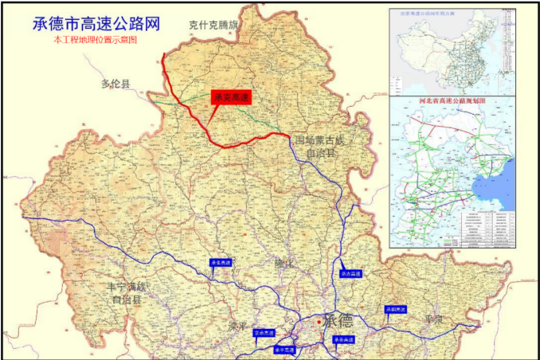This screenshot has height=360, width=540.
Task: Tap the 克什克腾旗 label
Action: [x=214, y=25]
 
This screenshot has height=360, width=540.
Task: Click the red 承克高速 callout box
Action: [x=231, y=97]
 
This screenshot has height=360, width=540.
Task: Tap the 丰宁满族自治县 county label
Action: [x=127, y=293]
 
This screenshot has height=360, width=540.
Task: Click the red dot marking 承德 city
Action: [x=319, y=322]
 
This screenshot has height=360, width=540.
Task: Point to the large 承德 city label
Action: [x=339, y=322]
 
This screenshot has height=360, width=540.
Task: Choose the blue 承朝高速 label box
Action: [x=396, y=309]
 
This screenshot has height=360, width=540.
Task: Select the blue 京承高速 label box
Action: [x=264, y=333]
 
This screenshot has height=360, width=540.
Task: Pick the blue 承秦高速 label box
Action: [x=343, y=338]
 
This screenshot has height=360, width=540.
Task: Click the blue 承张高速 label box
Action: [x=221, y=262]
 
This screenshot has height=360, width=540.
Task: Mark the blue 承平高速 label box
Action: [x=284, y=349]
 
